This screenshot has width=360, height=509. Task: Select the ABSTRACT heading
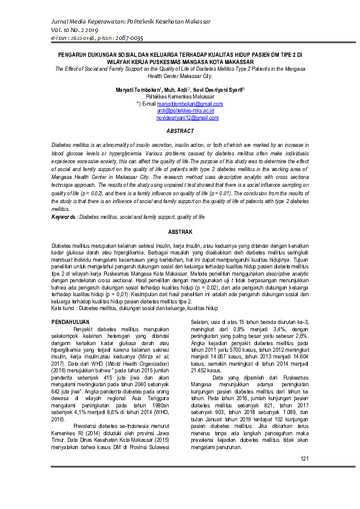pyautogui.click(x=180, y=131)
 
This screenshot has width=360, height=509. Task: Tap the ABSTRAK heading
pyautogui.click(x=180, y=232)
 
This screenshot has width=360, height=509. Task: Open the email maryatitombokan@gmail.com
pyautogui.click(x=181, y=104)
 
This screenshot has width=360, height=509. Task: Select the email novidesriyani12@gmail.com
pyautogui.click(x=188, y=117)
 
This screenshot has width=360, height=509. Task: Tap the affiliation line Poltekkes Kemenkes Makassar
pyautogui.click(x=180, y=97)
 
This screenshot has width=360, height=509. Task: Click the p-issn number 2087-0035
pyautogui.click(x=129, y=37)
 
